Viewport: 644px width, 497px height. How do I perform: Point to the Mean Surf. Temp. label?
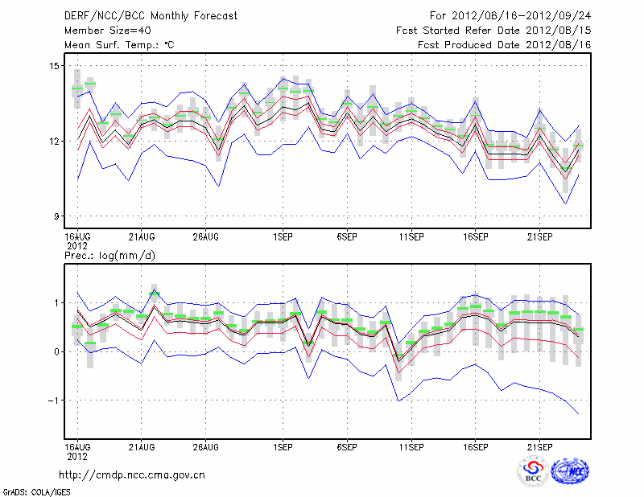[118, 45]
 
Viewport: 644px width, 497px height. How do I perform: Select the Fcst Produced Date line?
[505, 45]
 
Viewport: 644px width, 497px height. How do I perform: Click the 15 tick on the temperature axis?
[53, 65]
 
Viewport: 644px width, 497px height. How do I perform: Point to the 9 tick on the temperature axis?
[56, 216]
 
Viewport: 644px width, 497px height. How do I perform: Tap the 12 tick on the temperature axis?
[53, 141]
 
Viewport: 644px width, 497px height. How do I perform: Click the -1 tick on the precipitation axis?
[52, 400]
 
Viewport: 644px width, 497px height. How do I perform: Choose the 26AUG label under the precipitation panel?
[206, 446]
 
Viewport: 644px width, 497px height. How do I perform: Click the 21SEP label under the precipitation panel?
[539, 446]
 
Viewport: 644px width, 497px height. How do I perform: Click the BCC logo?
[533, 471]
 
